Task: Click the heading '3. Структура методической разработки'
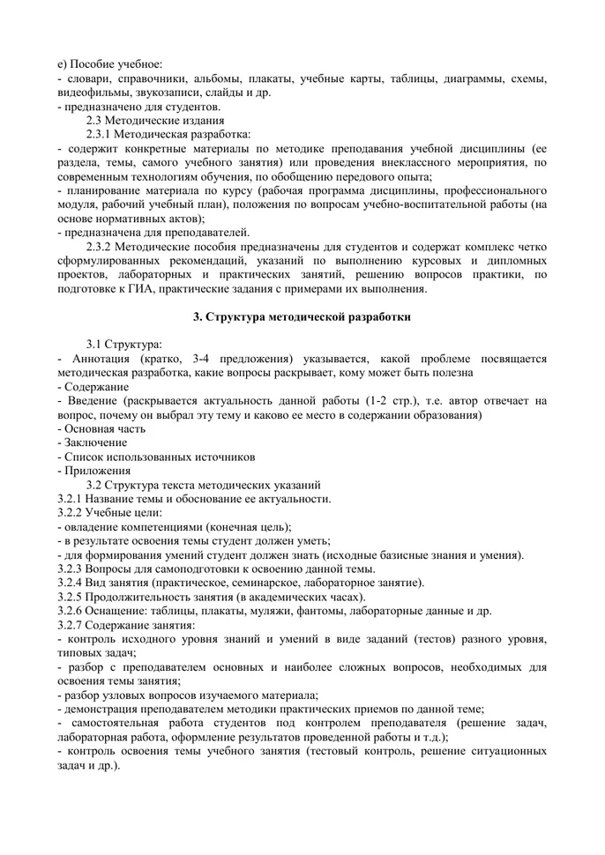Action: click(x=302, y=316)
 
